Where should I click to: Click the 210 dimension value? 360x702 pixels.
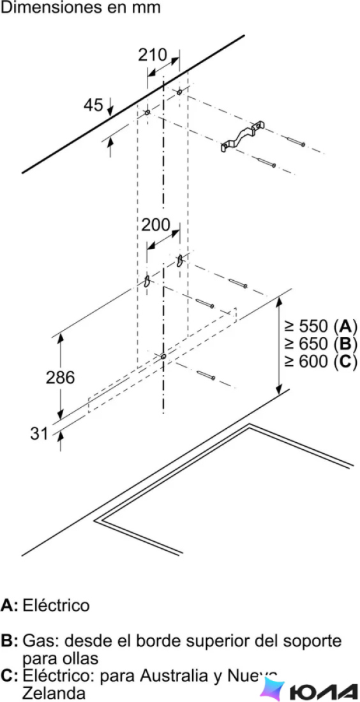tap(153, 55)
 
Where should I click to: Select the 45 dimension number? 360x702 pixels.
tap(93, 105)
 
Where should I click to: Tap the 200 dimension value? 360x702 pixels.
tap(156, 225)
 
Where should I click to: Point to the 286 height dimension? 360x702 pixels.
tap(60, 378)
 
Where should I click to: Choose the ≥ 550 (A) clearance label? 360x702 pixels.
tap(321, 326)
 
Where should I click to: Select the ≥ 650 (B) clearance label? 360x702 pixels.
tap(321, 344)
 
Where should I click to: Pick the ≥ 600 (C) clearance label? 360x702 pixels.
tap(321, 362)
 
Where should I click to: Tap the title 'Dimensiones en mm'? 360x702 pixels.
tap(80, 8)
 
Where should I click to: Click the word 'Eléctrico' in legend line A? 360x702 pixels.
tap(56, 605)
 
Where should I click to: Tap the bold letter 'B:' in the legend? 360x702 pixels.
tap(10, 640)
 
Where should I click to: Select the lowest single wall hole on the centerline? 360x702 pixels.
tap(163, 356)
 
